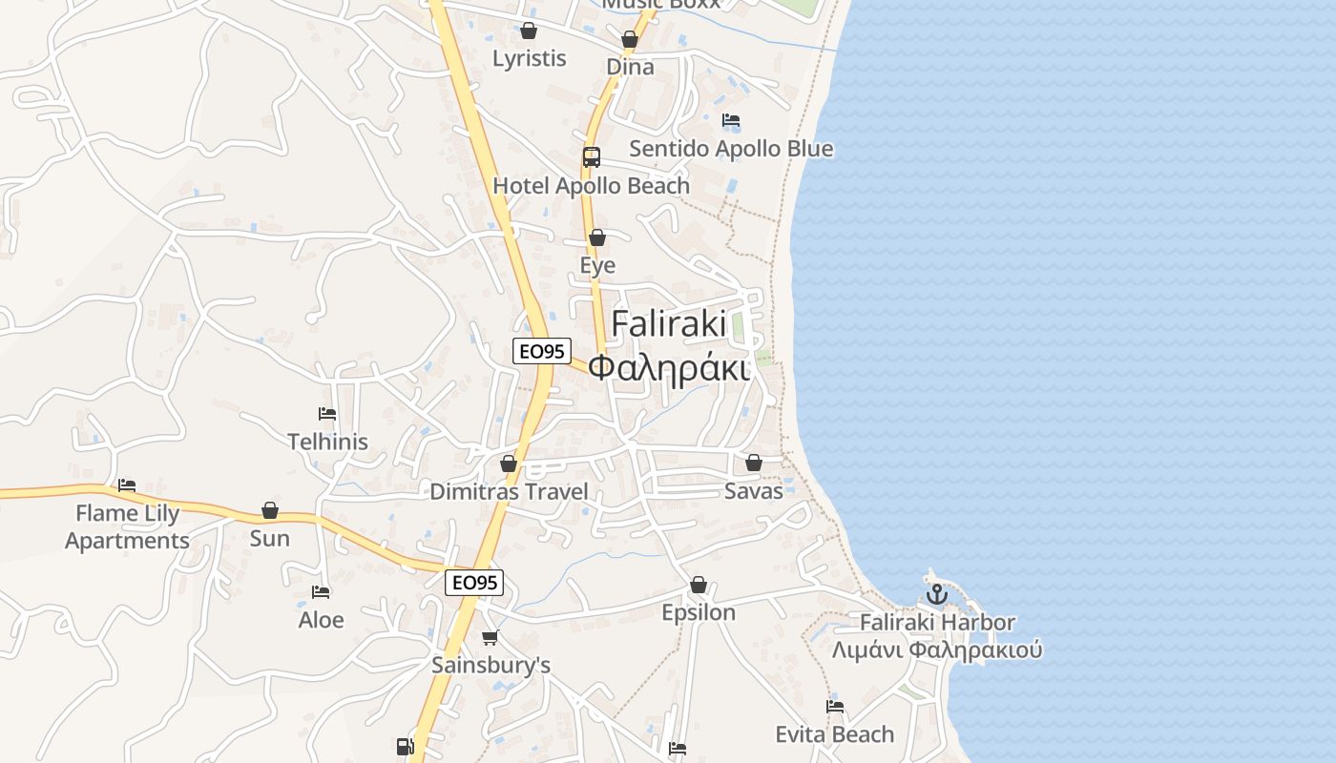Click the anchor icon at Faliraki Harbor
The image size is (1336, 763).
pyautogui.click(x=937, y=594)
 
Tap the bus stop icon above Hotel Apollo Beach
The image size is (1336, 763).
pyautogui.click(x=592, y=157)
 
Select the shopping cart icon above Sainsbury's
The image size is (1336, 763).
pyautogui.click(x=491, y=637)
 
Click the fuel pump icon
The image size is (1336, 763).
pyautogui.click(x=405, y=746)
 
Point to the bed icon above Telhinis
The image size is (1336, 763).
pyautogui.click(x=327, y=414)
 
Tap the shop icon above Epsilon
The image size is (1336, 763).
pyautogui.click(x=699, y=585)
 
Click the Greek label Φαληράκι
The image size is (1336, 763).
pyautogui.click(x=668, y=367)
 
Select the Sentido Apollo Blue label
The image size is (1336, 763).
pyautogui.click(x=731, y=149)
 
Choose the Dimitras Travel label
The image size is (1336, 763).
pyautogui.click(x=510, y=492)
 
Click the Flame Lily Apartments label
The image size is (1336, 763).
pyautogui.click(x=127, y=526)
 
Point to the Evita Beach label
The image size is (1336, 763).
pyautogui.click(x=835, y=734)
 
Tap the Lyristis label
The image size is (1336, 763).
pyautogui.click(x=530, y=58)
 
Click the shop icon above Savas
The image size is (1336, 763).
pyautogui.click(x=754, y=463)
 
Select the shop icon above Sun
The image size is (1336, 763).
pyautogui.click(x=270, y=510)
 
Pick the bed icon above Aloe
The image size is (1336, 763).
pyautogui.click(x=321, y=592)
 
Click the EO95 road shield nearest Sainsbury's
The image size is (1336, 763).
pyautogui.click(x=474, y=582)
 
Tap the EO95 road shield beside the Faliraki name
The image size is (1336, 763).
pyautogui.click(x=542, y=351)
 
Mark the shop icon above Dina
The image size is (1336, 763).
pyautogui.click(x=630, y=39)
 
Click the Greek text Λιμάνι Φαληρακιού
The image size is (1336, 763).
pyautogui.click(x=937, y=650)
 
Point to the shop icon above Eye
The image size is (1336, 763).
pyautogui.click(x=597, y=237)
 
